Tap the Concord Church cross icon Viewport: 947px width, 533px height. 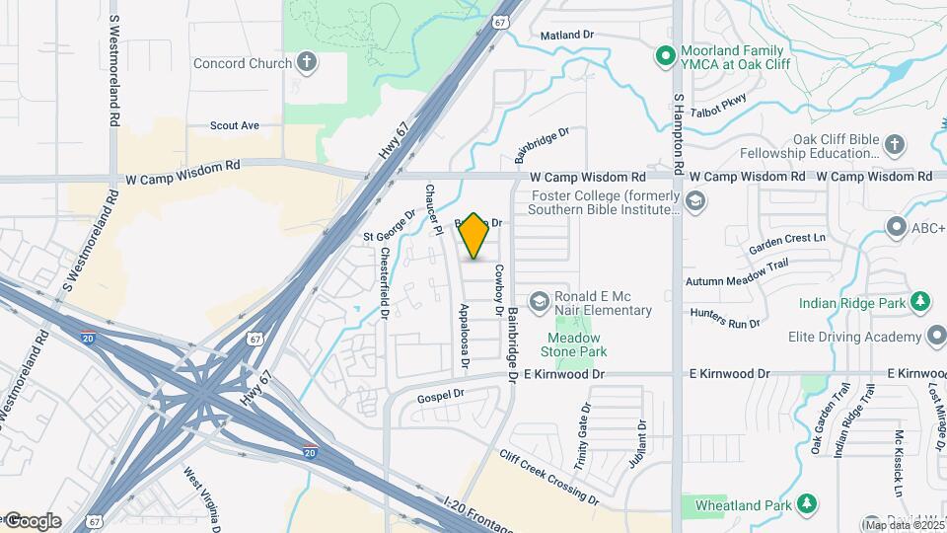click(308, 63)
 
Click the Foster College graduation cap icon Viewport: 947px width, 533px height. click(695, 201)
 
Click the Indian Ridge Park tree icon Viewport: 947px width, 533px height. click(919, 301)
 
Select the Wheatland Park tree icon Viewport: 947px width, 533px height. click(807, 504)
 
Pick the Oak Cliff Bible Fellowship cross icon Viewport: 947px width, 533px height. click(894, 145)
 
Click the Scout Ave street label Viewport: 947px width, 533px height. click(235, 125)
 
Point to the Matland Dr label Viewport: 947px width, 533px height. click(567, 35)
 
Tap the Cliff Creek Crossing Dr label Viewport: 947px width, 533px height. click(548, 477)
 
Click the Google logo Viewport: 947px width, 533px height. click(33, 520)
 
